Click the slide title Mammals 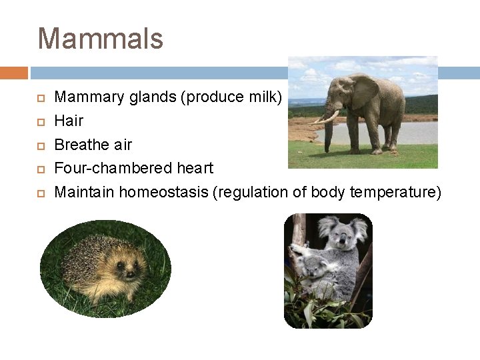pos(100,38)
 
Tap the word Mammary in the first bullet pos(85,97)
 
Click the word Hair pos(69,121)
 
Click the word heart pos(193,169)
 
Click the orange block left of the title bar pos(13,73)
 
